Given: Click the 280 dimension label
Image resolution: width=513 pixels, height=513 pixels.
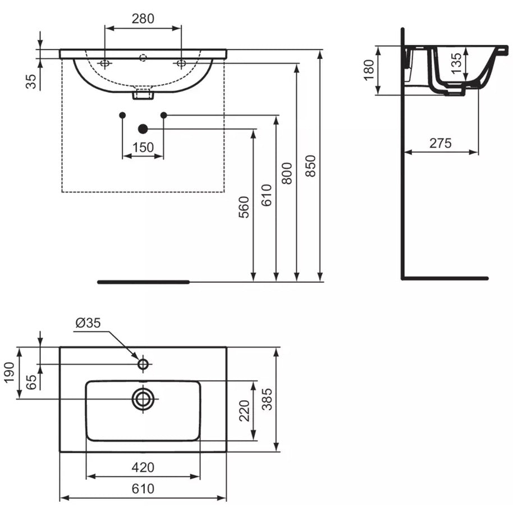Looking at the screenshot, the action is tap(143, 19).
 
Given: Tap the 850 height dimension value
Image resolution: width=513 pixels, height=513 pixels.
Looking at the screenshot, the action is tap(310, 166).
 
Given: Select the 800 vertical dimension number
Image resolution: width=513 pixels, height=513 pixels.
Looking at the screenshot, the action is tap(287, 173).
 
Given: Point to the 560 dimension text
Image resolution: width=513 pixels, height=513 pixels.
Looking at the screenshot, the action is tap(244, 207).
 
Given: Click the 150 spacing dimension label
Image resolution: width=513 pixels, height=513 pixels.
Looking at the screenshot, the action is tap(143, 148).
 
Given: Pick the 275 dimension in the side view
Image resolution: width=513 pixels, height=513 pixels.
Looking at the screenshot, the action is tap(441, 143).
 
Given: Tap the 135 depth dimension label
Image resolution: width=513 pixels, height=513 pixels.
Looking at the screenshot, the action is tap(456, 63).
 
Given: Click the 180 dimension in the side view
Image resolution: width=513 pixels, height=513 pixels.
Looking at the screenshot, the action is tap(369, 70).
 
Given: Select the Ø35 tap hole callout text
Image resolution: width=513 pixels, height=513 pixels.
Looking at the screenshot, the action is tap(88, 323).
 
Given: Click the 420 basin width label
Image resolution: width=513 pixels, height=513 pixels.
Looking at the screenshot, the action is tap(143, 468).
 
